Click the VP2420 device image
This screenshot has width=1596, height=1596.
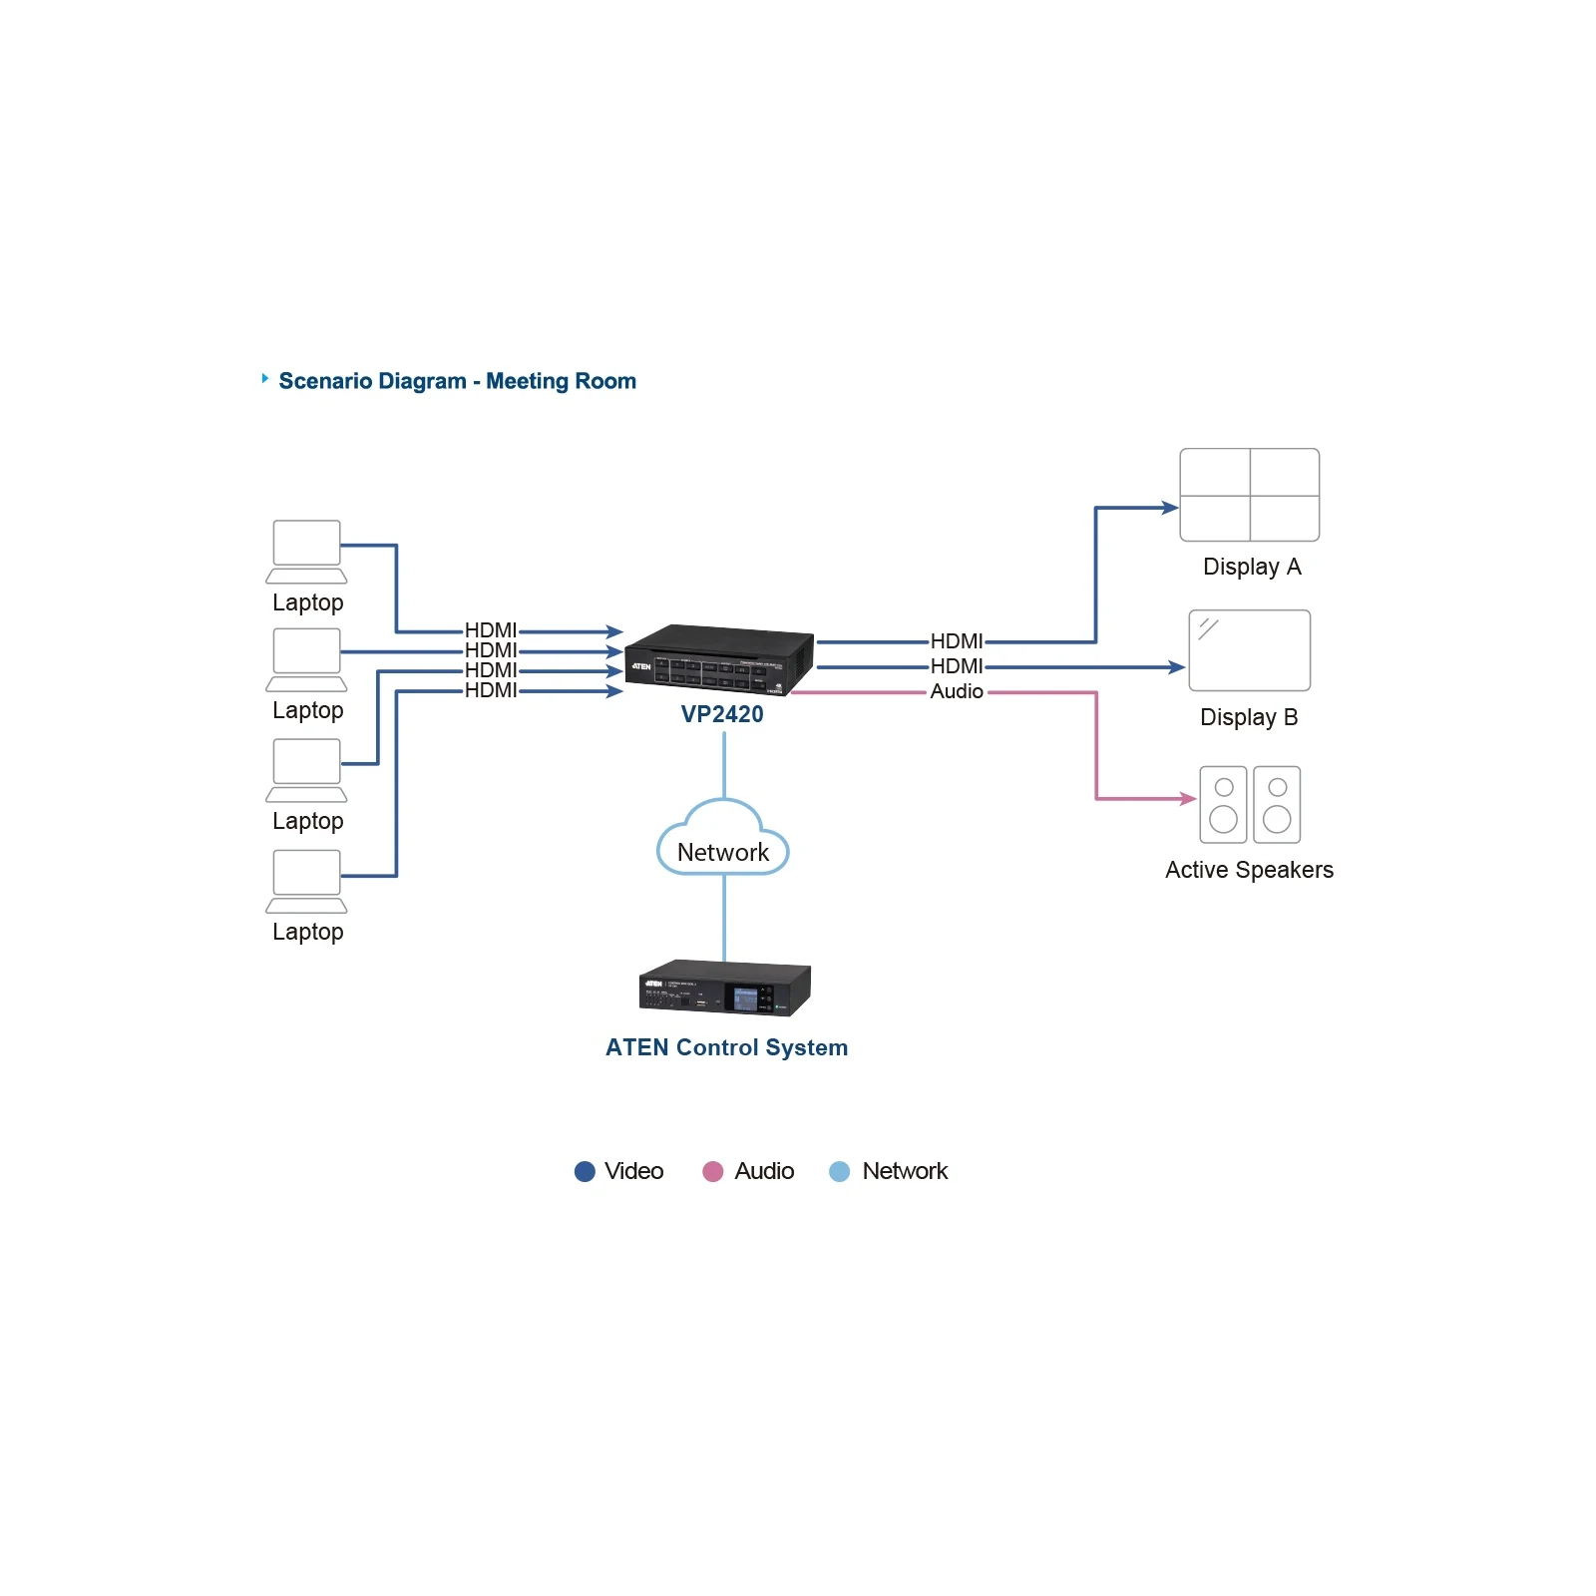[719, 659]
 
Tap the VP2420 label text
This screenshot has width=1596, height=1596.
[722, 714]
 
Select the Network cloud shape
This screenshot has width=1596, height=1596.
[723, 838]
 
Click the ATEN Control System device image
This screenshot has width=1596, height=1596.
[725, 988]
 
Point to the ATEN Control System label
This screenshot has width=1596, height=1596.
[726, 1047]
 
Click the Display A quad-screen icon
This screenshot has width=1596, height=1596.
[1250, 495]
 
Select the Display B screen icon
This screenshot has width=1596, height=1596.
[1250, 650]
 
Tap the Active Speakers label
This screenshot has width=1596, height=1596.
[1249, 870]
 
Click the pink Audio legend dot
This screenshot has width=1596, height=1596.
[712, 1171]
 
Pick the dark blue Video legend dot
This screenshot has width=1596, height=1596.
[585, 1171]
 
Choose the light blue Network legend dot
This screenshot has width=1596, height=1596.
[840, 1171]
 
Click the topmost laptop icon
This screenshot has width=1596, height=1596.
[306, 552]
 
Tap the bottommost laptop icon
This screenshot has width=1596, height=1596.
[306, 882]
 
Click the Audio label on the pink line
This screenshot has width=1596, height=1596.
[957, 691]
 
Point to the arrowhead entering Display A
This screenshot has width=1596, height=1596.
[1171, 508]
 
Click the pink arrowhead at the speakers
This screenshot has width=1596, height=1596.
[1188, 799]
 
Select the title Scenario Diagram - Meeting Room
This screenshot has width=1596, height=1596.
[457, 381]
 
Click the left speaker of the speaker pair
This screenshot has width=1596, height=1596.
[1223, 805]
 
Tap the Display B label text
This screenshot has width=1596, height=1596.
[1249, 717]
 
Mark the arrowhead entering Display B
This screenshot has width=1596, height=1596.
[1177, 667]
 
